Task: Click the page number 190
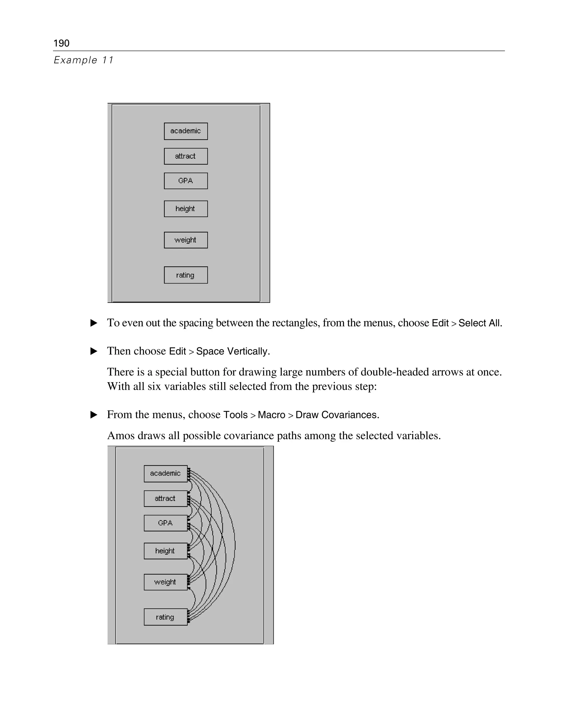tap(61, 43)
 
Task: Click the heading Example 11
tap(84, 60)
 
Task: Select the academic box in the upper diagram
tap(186, 131)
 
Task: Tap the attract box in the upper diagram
tap(186, 156)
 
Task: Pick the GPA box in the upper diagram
tap(186, 181)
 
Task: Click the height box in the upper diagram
tap(186, 208)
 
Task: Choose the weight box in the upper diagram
tap(186, 240)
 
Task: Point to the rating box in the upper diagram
tap(186, 275)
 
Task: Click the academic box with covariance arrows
tap(165, 473)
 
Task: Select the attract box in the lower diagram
tap(165, 498)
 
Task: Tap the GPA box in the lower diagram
tap(165, 523)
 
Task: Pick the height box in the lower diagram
tap(165, 551)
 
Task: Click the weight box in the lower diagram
tap(165, 582)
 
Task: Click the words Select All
tap(480, 323)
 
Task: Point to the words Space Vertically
tap(233, 351)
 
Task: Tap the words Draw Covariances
tap(337, 415)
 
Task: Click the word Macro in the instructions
tap(271, 415)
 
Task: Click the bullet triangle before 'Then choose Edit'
tap(94, 351)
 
